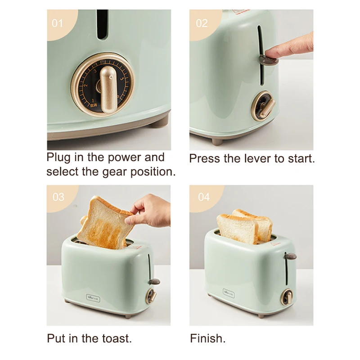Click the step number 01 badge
(58, 22)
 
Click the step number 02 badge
(202, 22)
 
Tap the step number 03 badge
(58, 197)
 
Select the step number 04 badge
(204, 197)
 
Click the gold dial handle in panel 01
(108, 88)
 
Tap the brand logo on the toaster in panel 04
(229, 292)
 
